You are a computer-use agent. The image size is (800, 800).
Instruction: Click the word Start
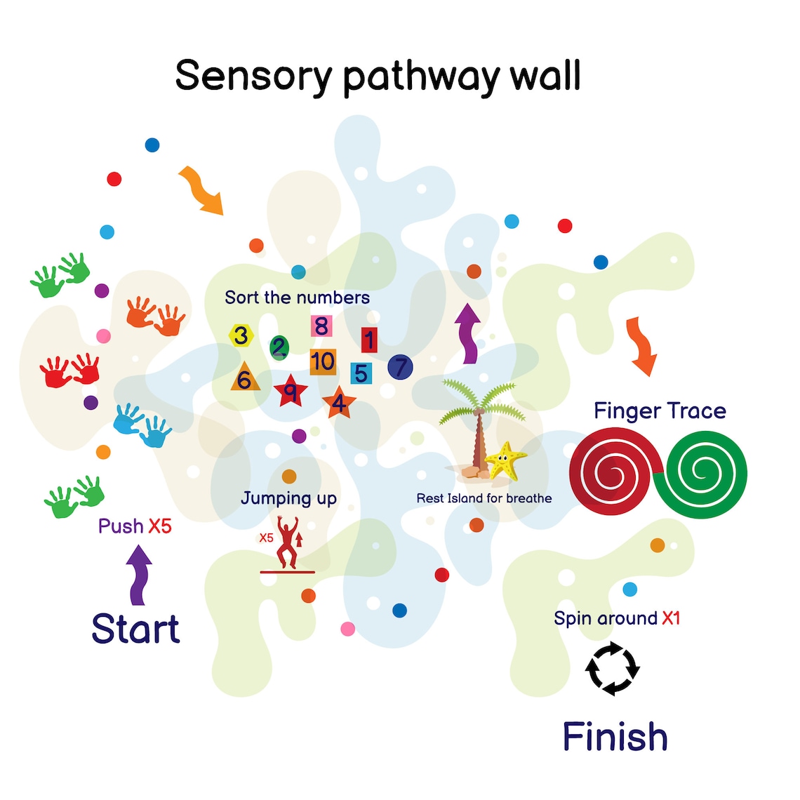[135, 629]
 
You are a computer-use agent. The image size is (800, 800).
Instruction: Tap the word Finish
[615, 737]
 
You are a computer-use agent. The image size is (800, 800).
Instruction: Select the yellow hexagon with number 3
[241, 335]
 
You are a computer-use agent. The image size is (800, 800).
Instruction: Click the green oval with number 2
[279, 347]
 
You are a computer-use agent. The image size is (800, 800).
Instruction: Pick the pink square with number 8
[321, 326]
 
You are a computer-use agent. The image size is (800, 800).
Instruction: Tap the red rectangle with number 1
[369, 340]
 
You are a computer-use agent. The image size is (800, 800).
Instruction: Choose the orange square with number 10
[323, 362]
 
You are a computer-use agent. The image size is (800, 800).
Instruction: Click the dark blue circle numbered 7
[400, 366]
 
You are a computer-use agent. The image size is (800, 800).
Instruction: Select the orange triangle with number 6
[245, 378]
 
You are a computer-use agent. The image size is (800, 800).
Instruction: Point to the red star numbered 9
[290, 391]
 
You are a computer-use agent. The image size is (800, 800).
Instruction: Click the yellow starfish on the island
[505, 460]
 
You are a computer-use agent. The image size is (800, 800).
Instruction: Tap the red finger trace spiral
[612, 474]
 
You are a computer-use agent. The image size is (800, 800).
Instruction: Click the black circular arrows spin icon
[613, 668]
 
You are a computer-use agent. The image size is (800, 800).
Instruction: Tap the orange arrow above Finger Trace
[641, 346]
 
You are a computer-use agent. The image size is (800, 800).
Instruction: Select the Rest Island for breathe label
[484, 498]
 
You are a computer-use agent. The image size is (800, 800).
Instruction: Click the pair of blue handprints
[142, 425]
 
